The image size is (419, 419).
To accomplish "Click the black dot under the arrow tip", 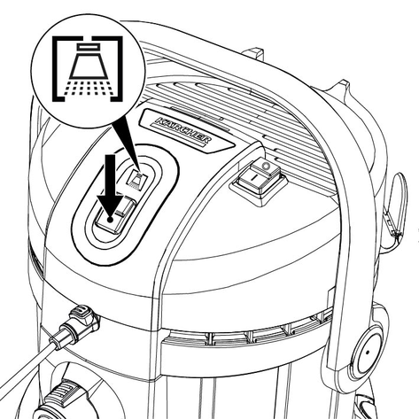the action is point(110,219).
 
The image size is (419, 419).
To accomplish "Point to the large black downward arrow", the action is point(111,189).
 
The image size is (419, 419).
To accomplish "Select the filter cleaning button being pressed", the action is point(116,215).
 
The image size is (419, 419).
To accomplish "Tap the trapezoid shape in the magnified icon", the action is point(88,66).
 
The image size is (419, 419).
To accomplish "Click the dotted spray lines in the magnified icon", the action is point(88,87).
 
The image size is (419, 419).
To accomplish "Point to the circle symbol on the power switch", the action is point(266,166).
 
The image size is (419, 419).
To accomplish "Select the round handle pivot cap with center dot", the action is point(368,353).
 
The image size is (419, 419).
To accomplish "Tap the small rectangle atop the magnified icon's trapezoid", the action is point(88,46).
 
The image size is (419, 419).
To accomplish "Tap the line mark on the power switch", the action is point(253,178).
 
